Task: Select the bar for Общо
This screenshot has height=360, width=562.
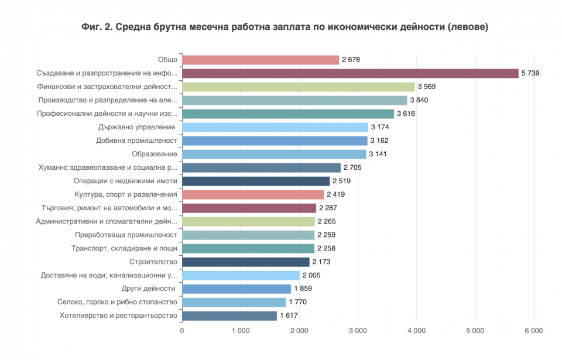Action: click(x=261, y=60)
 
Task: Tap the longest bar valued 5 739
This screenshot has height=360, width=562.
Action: click(x=350, y=73)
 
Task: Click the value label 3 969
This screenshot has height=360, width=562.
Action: click(x=426, y=87)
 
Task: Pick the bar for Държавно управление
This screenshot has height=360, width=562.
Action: click(x=275, y=127)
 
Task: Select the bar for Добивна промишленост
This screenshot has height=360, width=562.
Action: click(x=275, y=140)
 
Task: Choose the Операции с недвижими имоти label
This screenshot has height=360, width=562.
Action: click(x=125, y=181)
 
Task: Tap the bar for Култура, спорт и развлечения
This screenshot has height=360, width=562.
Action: click(x=253, y=194)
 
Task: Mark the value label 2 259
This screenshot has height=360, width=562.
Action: click(x=326, y=235)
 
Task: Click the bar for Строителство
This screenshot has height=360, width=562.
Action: click(x=246, y=262)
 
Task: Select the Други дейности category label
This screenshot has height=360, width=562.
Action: click(x=148, y=289)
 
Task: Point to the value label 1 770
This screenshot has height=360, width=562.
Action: click(x=297, y=302)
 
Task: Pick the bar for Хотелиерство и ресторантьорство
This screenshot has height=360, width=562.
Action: click(x=229, y=316)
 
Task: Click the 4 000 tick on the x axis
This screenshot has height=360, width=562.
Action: click(x=416, y=331)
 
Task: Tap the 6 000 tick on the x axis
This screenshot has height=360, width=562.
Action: click(x=533, y=331)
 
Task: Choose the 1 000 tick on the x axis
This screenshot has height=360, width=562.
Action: click(x=241, y=331)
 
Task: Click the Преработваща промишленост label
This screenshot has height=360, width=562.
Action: click(x=126, y=235)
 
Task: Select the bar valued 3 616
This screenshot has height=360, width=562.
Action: click(x=288, y=114)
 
